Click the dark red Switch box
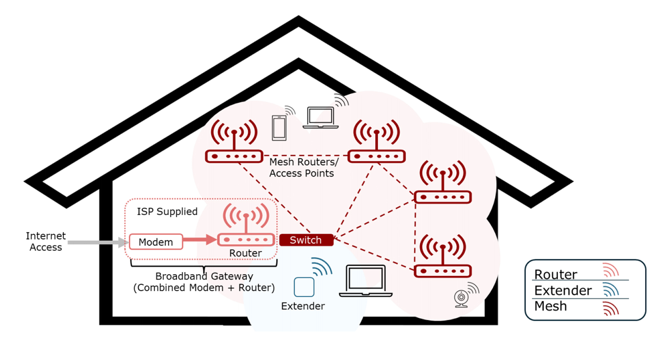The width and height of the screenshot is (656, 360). [306, 240]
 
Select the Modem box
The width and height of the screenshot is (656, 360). [156, 242]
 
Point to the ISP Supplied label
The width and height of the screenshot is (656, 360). [167, 211]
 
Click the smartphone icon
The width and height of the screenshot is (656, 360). [279, 128]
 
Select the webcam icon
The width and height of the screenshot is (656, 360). [461, 298]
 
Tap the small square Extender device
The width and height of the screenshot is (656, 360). [304, 287]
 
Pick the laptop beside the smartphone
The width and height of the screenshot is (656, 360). [320, 117]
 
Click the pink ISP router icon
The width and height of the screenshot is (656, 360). [246, 226]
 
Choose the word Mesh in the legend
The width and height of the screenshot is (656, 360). [550, 306]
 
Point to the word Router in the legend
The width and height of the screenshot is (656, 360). [555, 274]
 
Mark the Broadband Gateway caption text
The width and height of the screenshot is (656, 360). [204, 282]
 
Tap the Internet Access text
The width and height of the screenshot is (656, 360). [46, 241]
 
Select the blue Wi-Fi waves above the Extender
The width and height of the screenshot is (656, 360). [322, 267]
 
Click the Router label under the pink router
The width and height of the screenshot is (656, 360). [245, 253]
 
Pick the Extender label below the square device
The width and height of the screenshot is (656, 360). [303, 306]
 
